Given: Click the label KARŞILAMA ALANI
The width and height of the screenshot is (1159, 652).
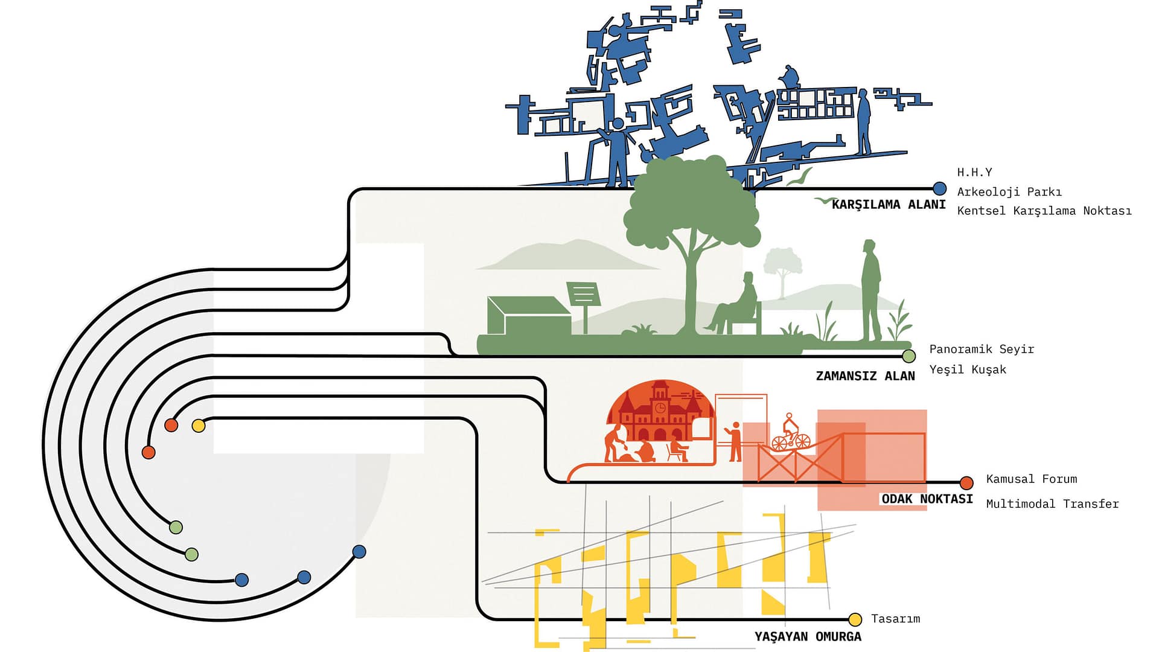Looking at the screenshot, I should [888, 205].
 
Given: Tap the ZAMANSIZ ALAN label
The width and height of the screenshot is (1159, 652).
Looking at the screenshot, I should [865, 376].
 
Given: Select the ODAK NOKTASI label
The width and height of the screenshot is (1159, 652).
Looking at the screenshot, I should [927, 499].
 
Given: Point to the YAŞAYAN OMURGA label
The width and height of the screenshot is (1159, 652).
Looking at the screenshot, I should [808, 636].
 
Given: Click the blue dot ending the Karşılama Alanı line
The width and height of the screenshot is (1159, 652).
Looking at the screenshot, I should [939, 188].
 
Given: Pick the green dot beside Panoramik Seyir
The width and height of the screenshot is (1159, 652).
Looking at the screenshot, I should [908, 356].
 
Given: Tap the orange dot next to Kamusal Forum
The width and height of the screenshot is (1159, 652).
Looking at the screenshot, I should [966, 482].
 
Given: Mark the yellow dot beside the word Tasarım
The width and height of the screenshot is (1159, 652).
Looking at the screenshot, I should [855, 619].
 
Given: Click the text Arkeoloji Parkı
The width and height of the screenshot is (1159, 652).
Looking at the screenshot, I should [1009, 192].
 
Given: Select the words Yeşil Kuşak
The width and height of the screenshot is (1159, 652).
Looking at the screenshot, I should [968, 369].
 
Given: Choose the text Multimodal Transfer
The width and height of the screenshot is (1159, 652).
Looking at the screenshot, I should [1052, 503].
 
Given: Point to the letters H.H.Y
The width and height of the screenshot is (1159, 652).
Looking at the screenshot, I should [974, 172].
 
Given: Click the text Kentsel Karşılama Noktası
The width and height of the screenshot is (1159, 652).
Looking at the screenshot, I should [1044, 211].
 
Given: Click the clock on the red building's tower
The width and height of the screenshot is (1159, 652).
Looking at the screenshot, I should [660, 408].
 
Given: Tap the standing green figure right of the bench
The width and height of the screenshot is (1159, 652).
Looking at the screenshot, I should [870, 290].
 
